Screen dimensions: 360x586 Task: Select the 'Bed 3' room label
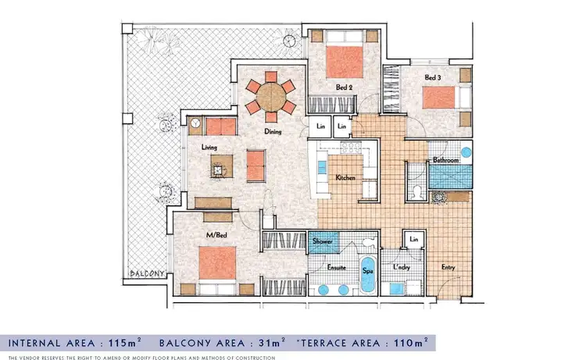point(434,78)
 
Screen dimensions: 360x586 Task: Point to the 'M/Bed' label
point(194,235)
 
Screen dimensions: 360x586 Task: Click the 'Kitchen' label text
point(345,178)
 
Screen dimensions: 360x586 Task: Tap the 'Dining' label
point(272,132)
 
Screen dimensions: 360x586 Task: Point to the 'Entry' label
point(448,268)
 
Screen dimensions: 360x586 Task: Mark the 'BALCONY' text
point(145,274)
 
